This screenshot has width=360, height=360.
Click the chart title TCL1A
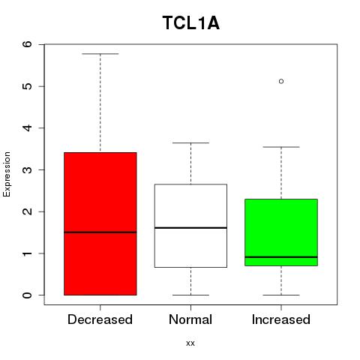(191, 23)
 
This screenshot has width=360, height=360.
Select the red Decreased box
(100, 223)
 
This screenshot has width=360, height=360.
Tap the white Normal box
(190, 226)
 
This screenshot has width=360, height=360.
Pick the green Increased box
(281, 232)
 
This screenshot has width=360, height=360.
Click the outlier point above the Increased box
(281, 81)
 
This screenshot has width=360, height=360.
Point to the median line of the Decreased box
(100, 232)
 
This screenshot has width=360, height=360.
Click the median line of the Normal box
(190, 228)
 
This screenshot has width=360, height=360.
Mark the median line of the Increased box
(281, 257)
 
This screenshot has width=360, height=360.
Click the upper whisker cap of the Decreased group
(100, 54)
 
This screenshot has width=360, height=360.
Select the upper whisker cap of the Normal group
(190, 142)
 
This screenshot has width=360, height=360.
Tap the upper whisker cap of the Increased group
(281, 147)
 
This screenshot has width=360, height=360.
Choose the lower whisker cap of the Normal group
(190, 295)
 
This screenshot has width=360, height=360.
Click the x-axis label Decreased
(100, 319)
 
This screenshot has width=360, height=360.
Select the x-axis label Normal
(190, 319)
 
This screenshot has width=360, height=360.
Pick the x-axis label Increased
(281, 319)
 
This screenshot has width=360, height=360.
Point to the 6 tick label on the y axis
(28, 44)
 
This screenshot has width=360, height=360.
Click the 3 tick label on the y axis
(28, 169)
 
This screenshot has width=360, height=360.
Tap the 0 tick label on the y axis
(28, 295)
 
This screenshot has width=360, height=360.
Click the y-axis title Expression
(7, 174)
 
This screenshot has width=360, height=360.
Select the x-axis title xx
(190, 343)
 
